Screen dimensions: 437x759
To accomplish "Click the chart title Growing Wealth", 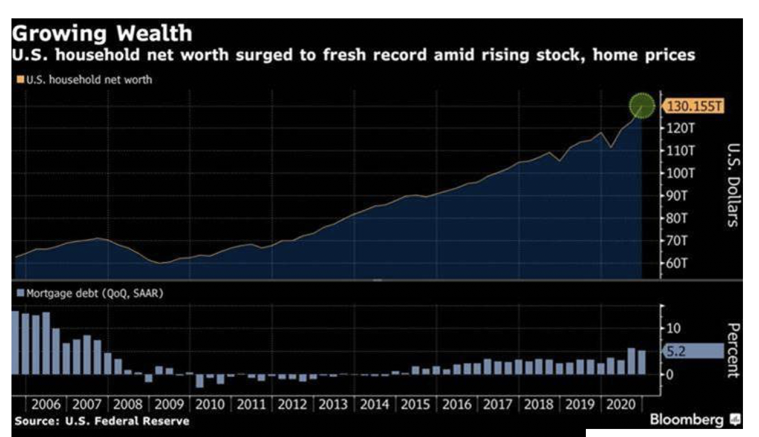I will (102, 33).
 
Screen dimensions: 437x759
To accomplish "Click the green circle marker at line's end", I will (641, 106).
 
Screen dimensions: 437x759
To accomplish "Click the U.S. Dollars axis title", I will (733, 185).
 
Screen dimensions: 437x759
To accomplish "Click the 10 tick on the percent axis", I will (672, 329).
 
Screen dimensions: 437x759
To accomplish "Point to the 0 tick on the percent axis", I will (668, 374).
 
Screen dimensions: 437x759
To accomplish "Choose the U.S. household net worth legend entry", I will (84, 80).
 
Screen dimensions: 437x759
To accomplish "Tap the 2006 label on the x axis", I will (47, 405).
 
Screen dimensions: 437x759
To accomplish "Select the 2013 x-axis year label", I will (334, 405).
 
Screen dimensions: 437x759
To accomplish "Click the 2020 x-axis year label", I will (621, 405).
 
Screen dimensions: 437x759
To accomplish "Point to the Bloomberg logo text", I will (687, 420).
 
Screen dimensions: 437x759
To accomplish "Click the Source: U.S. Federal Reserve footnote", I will (101, 422).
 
